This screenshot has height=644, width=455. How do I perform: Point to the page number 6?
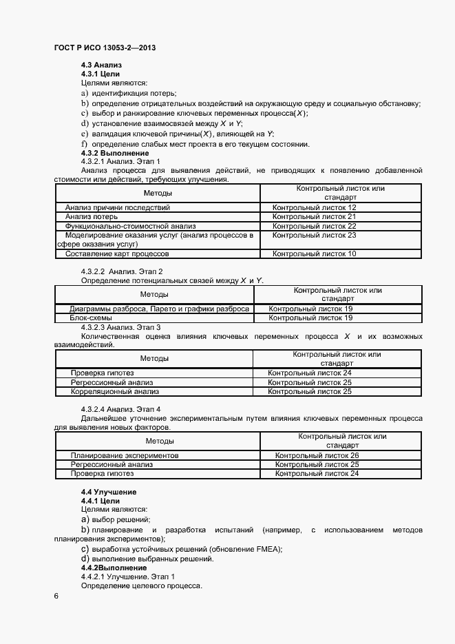click(56, 596)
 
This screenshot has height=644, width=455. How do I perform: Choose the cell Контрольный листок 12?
click(314, 207)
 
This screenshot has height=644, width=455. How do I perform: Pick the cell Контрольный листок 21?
click(314, 216)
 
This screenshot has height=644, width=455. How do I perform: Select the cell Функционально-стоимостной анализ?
click(131, 226)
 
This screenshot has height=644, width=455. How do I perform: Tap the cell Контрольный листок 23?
click(314, 235)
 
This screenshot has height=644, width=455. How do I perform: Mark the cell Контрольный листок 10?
click(314, 253)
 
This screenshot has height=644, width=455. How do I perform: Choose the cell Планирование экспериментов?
click(125, 455)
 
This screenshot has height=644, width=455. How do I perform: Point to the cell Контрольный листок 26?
click(317, 455)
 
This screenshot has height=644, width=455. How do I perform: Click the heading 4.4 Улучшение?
click(108, 492)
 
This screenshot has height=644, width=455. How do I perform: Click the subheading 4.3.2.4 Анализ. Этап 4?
click(120, 409)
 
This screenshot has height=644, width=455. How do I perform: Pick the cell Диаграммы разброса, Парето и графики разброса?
click(159, 309)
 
